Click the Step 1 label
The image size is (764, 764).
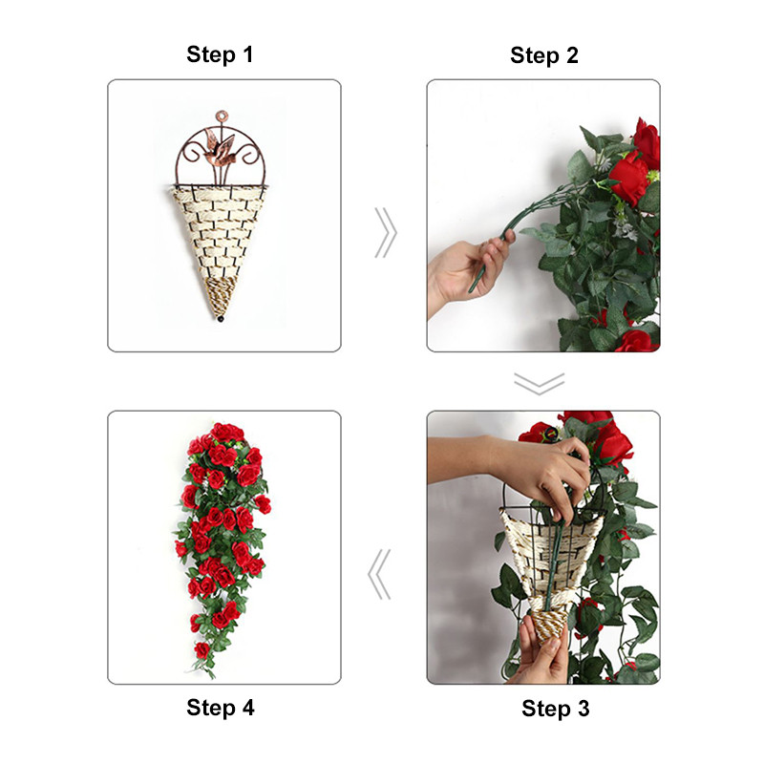tap(220, 54)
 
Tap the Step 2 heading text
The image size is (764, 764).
tap(544, 55)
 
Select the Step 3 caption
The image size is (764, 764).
tap(556, 709)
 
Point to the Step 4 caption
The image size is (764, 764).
tap(221, 708)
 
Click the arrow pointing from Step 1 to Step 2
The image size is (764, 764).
tap(386, 233)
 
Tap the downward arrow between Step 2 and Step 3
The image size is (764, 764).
tap(540, 384)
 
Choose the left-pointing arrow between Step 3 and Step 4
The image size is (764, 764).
tap(379, 575)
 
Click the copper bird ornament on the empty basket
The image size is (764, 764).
tap(220, 147)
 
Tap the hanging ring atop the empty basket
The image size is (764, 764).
tap(222, 117)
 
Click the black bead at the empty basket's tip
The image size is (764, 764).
tap(221, 319)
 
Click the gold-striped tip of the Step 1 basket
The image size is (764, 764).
tap(221, 296)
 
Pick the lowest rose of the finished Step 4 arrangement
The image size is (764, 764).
tap(202, 650)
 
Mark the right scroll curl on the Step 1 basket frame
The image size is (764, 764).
tap(247, 155)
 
